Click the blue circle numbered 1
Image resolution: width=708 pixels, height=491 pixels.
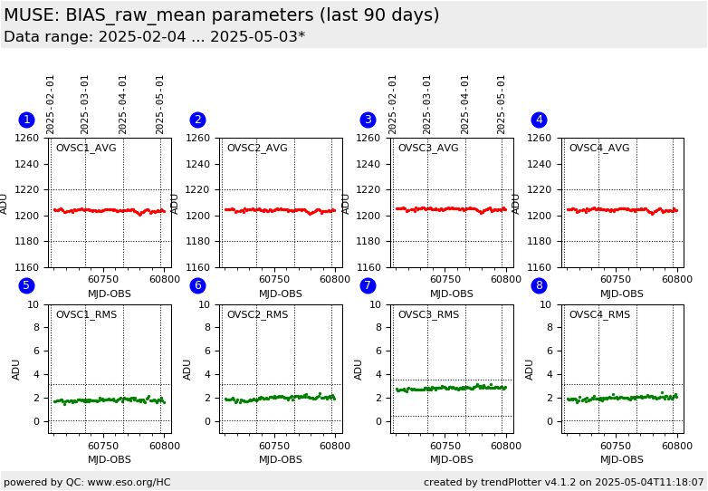26,120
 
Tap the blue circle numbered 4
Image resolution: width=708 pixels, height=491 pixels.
539,120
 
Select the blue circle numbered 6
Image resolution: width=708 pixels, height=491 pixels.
197,285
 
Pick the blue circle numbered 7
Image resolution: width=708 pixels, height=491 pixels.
368,285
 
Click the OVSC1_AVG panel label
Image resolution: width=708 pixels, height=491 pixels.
86,148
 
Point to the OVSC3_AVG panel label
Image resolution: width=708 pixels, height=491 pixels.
428,148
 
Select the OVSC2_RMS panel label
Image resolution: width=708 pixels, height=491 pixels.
257,315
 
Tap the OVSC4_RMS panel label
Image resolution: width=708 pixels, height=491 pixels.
599,315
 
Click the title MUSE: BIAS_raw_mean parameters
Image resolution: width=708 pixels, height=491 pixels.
221,15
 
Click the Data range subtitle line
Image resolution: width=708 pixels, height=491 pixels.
154,37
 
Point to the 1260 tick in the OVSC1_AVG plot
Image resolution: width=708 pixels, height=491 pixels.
26,139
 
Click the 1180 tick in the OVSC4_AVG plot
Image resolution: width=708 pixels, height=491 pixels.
540,242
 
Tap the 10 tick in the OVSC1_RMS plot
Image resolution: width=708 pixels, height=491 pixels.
33,304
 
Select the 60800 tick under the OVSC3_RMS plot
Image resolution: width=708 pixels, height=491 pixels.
505,446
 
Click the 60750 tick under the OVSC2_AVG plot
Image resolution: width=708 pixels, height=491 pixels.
273,280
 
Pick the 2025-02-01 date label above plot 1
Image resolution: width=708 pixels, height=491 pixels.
51,104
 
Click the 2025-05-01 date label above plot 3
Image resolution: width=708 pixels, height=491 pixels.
502,104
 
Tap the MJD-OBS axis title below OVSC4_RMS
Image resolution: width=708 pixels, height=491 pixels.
622,459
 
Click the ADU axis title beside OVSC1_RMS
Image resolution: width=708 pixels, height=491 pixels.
16,369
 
